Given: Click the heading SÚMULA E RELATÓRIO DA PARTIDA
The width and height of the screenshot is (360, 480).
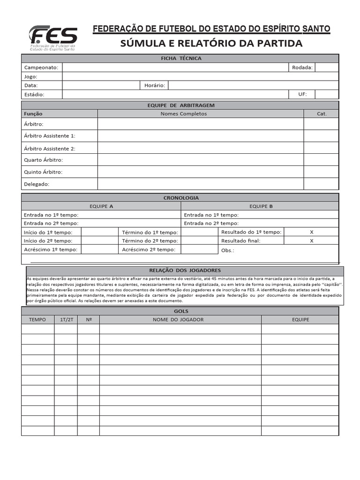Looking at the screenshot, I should pyautogui.click(x=211, y=44).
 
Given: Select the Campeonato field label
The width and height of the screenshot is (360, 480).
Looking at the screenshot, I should pyautogui.click(x=41, y=67).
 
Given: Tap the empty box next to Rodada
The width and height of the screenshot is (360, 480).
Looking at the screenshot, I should pyautogui.click(x=327, y=67).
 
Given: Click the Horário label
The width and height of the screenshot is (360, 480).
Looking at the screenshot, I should pyautogui.click(x=154, y=85).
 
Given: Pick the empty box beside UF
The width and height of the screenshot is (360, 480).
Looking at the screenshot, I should pyautogui.click(x=327, y=94).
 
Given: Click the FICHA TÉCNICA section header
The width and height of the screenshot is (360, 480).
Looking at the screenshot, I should pyautogui.click(x=180, y=59).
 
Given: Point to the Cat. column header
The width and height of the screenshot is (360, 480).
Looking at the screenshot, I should pyautogui.click(x=321, y=113).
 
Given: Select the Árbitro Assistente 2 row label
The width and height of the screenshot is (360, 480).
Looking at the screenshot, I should pyautogui.click(x=49, y=149).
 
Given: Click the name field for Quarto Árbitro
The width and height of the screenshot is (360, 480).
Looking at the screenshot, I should pyautogui.click(x=200, y=160).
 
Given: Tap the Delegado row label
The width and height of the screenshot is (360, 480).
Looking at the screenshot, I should pyautogui.click(x=37, y=184).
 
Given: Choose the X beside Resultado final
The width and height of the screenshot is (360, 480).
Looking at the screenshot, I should pyautogui.click(x=311, y=241).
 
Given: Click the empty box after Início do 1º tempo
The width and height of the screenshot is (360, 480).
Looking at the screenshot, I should pyautogui.click(x=99, y=232).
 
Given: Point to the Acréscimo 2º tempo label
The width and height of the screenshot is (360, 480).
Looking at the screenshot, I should pyautogui.click(x=149, y=249).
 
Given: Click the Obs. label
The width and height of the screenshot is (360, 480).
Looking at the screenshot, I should pyautogui.click(x=227, y=250).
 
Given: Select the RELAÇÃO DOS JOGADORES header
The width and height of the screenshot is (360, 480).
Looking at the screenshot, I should pyautogui.click(x=185, y=270).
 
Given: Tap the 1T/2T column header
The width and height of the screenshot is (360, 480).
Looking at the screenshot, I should pyautogui.click(x=66, y=320).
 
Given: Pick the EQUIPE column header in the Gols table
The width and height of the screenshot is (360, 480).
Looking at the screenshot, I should pyautogui.click(x=300, y=320).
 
